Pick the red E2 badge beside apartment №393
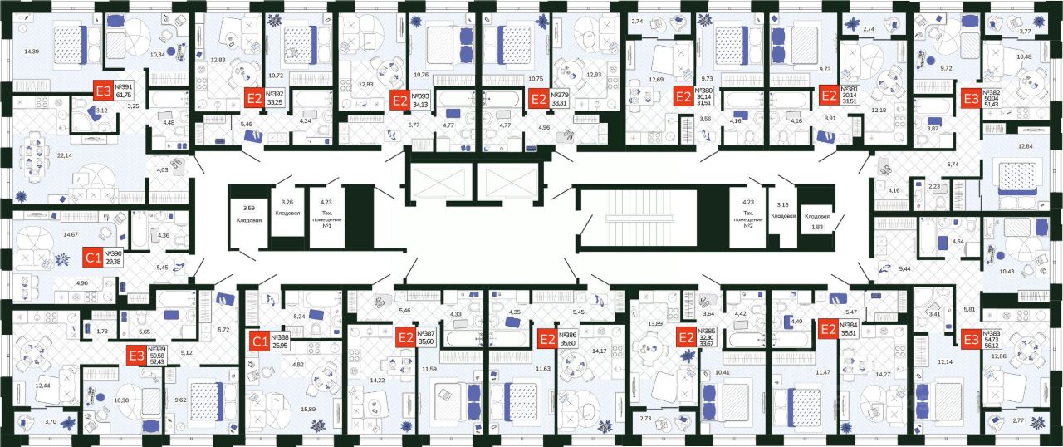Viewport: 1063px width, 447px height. [x=400, y=101]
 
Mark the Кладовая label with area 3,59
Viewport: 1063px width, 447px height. [x=247, y=214]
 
